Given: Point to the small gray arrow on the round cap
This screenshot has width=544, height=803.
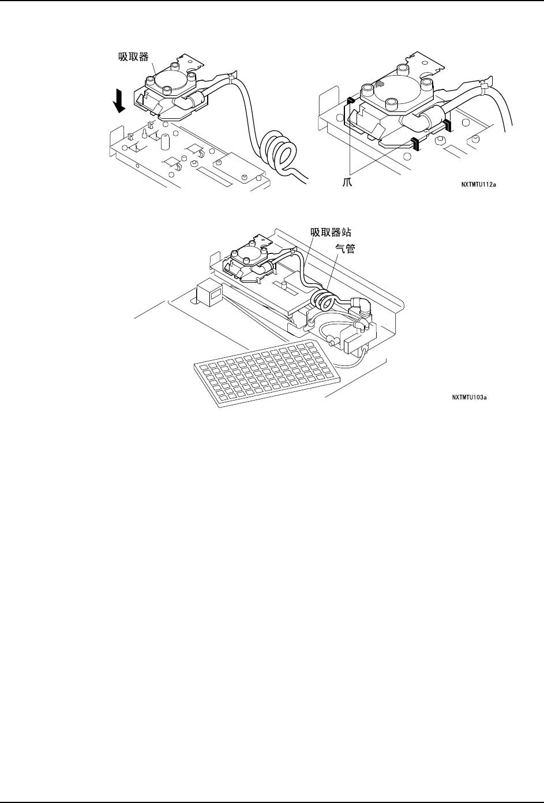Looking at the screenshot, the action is click(x=379, y=84).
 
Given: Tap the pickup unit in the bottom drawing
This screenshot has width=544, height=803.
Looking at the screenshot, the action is click(x=248, y=263).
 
